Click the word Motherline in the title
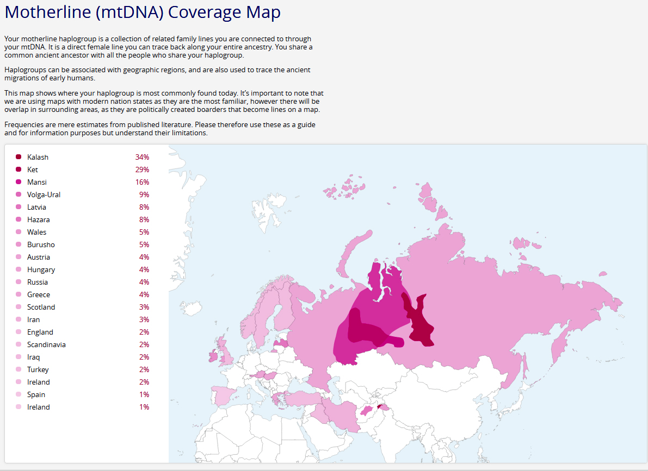(x=47, y=12)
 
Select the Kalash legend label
(x=38, y=157)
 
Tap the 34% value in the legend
(x=142, y=157)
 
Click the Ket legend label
(x=33, y=169)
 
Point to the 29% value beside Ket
(x=142, y=169)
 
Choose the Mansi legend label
(x=36, y=182)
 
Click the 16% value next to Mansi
(x=142, y=182)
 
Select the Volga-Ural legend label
(x=44, y=194)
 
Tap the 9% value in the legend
(x=144, y=194)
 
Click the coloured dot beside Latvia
(x=18, y=207)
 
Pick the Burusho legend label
(x=41, y=244)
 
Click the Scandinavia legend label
(x=46, y=344)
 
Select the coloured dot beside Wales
(x=18, y=232)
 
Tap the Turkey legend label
(x=38, y=369)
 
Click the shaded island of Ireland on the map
(x=213, y=357)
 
